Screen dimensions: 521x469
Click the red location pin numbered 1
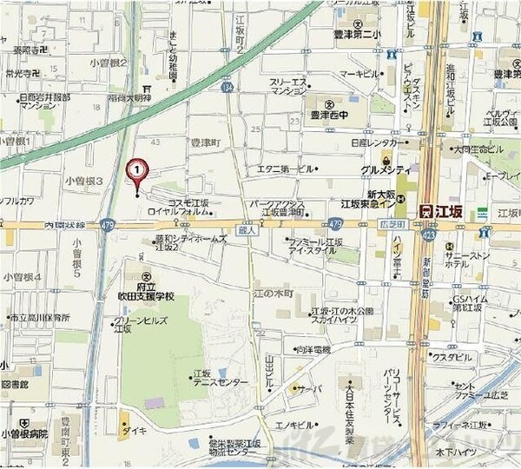point(137,170)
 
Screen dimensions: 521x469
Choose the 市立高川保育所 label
point(35,319)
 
